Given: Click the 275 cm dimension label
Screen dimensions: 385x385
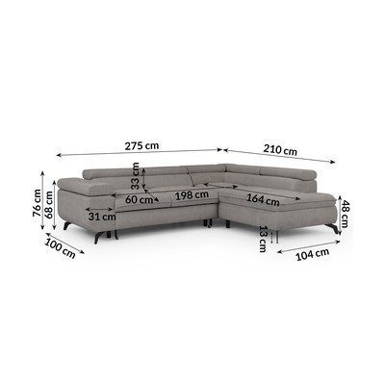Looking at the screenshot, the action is pos(141,146).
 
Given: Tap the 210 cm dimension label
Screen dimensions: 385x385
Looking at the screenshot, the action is pos(280,150).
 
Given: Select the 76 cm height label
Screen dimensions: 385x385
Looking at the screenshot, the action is pos(38,202).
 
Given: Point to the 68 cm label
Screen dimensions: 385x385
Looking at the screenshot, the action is pos(49,205).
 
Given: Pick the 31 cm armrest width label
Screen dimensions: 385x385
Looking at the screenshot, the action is pos(102,217).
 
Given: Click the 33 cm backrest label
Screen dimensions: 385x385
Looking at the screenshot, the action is pos(136,175).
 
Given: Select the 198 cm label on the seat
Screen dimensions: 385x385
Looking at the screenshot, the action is pos(192,194).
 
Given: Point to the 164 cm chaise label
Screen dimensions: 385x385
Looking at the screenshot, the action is pos(263,200).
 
